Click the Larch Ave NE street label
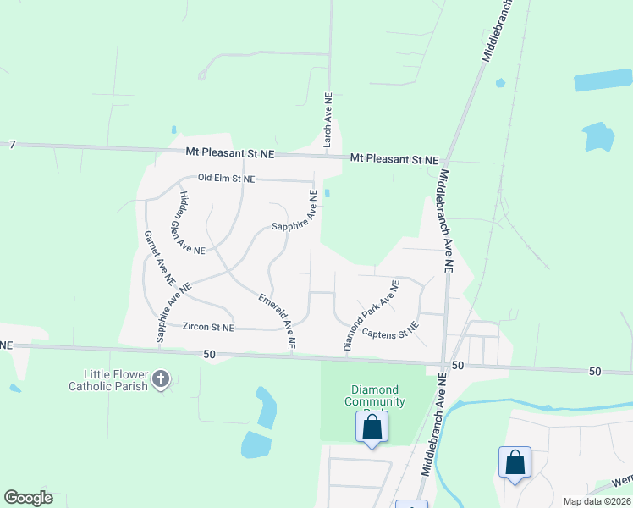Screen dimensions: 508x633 [x=328, y=121]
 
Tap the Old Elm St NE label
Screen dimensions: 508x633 [x=226, y=179]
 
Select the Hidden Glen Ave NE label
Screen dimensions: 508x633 [x=191, y=223]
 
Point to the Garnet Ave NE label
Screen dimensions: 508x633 [x=159, y=257]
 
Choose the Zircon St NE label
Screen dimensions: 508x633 [x=209, y=327]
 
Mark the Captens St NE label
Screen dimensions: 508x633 [x=390, y=331]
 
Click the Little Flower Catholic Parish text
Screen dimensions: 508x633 [x=116, y=380]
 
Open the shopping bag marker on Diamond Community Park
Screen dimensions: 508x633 [x=372, y=428]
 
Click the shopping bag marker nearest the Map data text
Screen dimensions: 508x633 [x=515, y=463]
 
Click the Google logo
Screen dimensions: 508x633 [x=28, y=498]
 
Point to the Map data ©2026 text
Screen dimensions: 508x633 [x=597, y=501]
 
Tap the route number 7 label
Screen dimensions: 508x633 [x=13, y=145]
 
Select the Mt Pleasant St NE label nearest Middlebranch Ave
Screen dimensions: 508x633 [x=394, y=159]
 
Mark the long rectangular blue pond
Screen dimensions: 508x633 [x=603, y=80]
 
